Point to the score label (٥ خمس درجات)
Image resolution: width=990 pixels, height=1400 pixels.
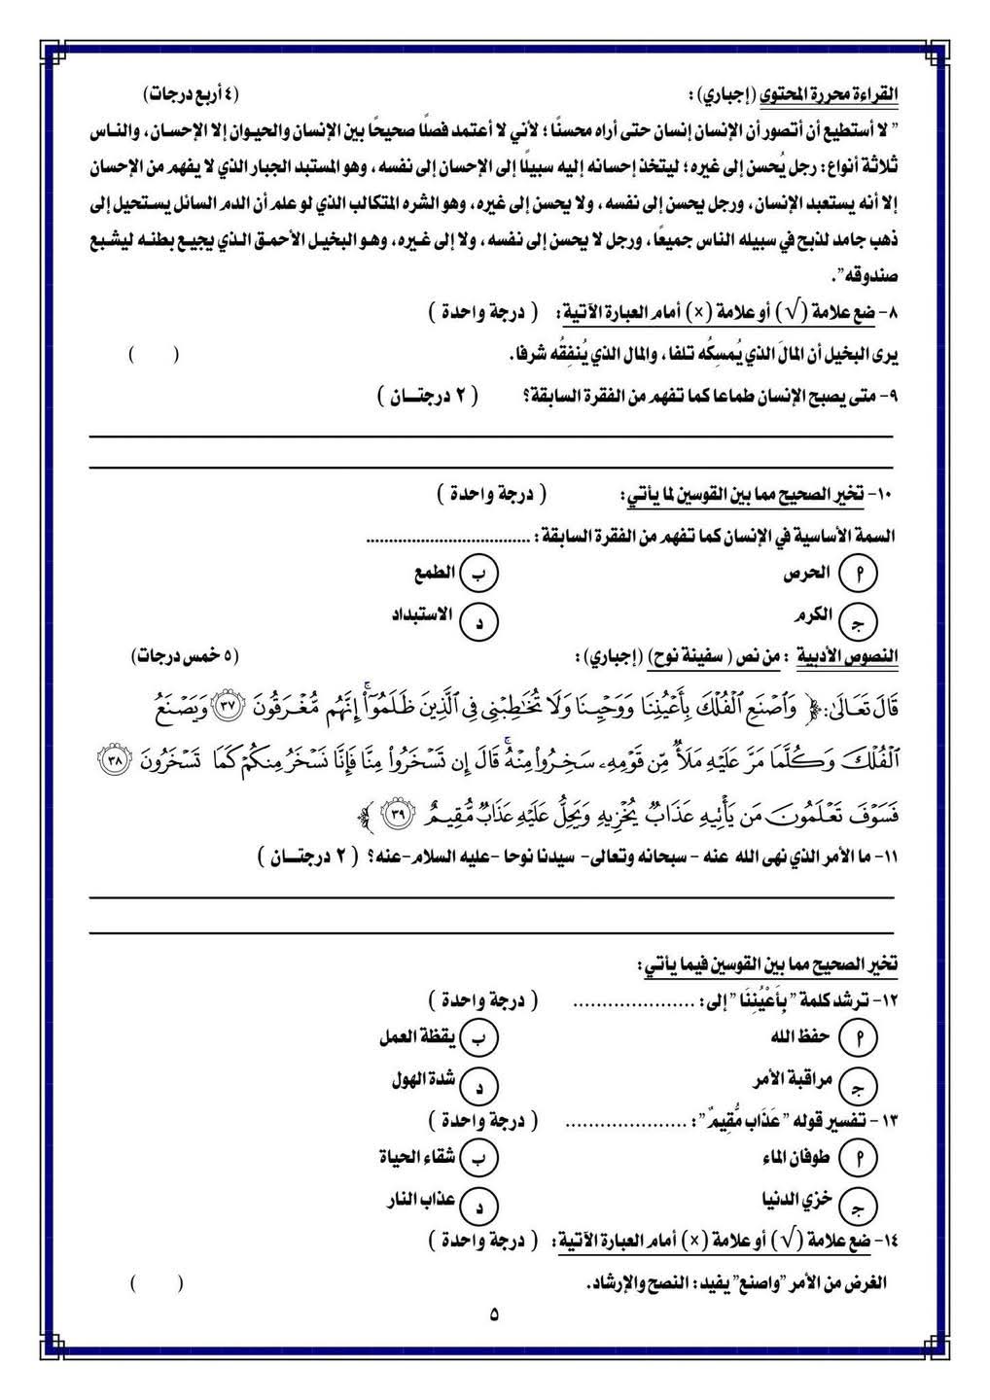click(185, 657)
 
